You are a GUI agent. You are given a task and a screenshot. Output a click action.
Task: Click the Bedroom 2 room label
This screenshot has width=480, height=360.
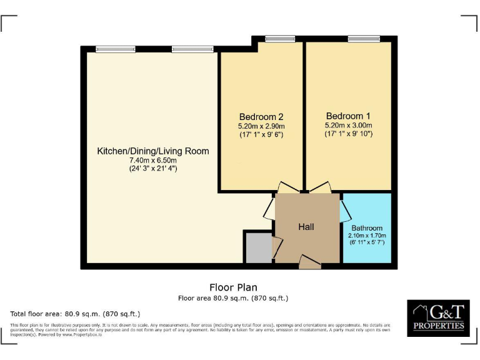[261, 117]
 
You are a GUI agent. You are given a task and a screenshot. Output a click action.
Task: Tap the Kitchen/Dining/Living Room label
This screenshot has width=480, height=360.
[152, 151]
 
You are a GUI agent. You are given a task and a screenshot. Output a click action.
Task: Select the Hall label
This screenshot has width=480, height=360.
[306, 227]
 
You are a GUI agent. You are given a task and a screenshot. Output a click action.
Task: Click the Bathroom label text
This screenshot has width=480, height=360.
[367, 228]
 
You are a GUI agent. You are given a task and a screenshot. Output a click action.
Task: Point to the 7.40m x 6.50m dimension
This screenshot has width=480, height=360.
[153, 160]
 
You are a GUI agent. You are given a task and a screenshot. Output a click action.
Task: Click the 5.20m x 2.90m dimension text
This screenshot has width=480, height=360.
[261, 126]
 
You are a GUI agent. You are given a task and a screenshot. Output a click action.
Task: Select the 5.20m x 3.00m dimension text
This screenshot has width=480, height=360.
[348, 125]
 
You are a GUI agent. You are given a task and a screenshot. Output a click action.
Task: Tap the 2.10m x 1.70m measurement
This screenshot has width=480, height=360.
[367, 236]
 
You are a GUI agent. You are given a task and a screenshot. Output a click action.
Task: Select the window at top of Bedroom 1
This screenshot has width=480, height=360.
[364, 39]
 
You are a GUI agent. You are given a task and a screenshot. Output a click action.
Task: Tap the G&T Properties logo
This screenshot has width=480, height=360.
[438, 319]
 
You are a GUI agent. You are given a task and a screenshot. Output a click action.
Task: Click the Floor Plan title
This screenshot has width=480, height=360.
[233, 287]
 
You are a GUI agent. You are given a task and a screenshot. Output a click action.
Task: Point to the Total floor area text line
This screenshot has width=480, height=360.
[76, 314]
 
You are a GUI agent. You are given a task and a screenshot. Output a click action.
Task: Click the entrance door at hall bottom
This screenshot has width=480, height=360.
[309, 262]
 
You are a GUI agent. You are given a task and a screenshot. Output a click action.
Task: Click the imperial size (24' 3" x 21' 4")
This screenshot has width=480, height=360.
[153, 169]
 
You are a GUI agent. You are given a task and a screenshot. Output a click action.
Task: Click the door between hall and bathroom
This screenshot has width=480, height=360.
[344, 211]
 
